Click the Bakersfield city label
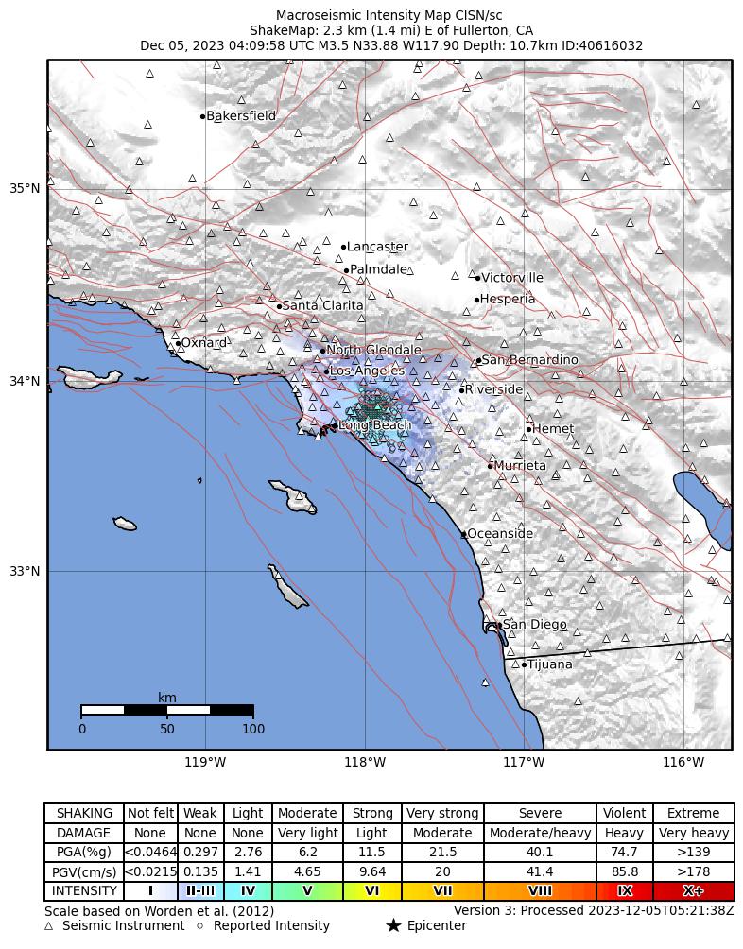tap(241, 116)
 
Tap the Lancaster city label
tap(377, 247)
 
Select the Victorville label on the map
tap(512, 278)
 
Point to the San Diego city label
tap(534, 625)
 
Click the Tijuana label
tap(549, 664)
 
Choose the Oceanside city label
tap(500, 534)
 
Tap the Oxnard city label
tap(204, 343)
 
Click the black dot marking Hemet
tap(528, 430)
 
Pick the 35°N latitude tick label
tap(25, 188)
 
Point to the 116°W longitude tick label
tap(683, 762)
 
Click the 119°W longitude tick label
tap(205, 762)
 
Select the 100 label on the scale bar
tap(252, 729)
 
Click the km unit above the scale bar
tap(167, 698)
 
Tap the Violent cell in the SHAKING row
tap(625, 813)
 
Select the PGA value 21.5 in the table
tap(442, 853)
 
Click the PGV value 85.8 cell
tap(625, 871)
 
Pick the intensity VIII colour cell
tap(540, 891)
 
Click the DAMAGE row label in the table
tap(84, 833)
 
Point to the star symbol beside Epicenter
tap(393, 926)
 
